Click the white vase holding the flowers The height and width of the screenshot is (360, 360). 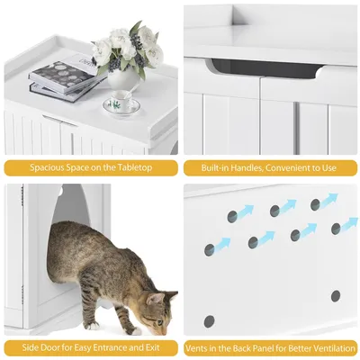click(x=123, y=79)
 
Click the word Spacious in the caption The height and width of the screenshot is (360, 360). click(x=48, y=167)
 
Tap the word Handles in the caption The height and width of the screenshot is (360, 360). click(x=241, y=167)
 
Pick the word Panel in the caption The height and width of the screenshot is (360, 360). click(x=256, y=347)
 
